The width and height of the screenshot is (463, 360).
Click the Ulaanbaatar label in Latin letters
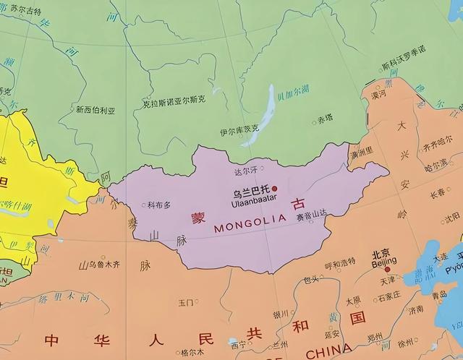point(250,205)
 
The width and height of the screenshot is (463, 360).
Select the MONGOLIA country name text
point(252,226)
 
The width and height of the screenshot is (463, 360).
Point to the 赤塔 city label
point(325,119)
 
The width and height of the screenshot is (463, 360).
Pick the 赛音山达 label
point(312,215)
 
